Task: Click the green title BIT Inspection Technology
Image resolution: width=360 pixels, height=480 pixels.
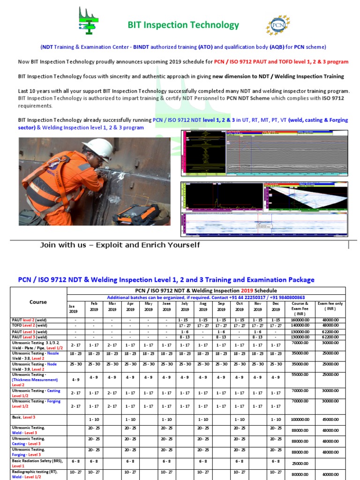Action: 183,25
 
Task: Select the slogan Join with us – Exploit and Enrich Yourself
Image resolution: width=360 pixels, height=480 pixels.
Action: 120,245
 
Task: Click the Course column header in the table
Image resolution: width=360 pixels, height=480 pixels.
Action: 38,302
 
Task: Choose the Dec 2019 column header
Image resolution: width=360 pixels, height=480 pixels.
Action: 276,307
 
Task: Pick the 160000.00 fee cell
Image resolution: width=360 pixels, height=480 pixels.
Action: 300,320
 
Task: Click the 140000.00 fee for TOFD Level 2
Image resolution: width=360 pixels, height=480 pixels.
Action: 300,325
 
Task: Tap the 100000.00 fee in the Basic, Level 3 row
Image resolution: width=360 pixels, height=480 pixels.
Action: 300,419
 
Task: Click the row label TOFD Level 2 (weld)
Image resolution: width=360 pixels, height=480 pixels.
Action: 30,325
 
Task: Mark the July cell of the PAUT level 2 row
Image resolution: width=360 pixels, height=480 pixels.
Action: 185,320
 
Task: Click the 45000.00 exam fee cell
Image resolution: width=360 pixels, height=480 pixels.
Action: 330,419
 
